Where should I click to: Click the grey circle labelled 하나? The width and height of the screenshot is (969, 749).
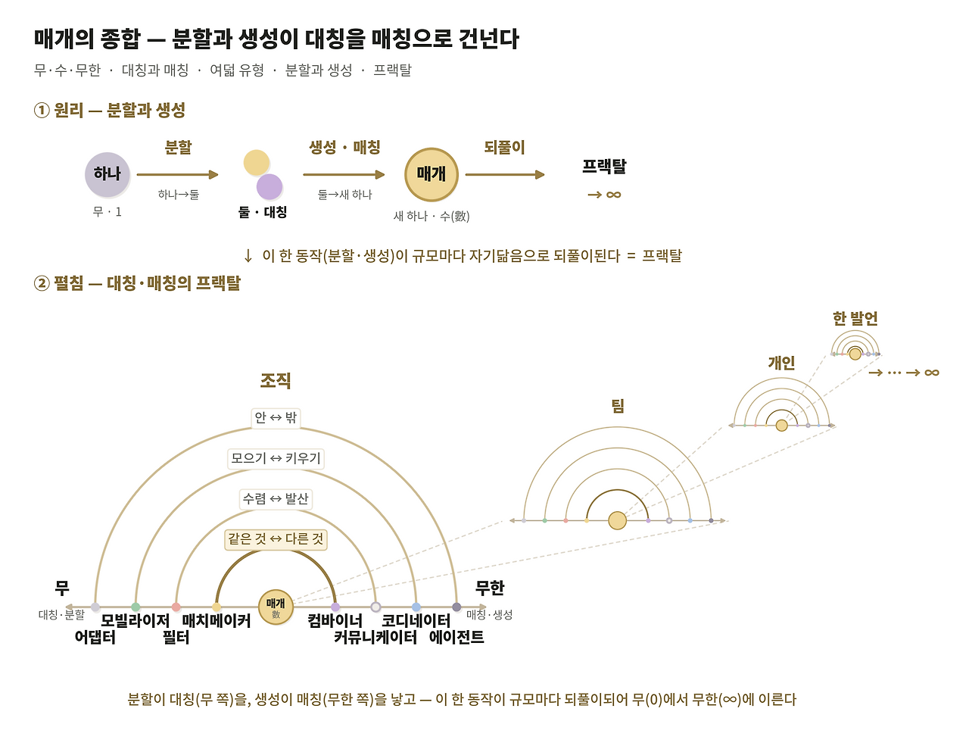(107, 174)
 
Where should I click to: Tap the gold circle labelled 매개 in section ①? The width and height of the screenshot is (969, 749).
(432, 174)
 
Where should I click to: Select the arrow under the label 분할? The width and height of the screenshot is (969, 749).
(177, 174)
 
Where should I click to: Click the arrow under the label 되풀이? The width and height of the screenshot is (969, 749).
(505, 174)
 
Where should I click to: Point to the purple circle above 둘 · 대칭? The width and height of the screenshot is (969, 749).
(270, 186)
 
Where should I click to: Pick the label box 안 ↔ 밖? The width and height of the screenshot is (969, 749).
(276, 417)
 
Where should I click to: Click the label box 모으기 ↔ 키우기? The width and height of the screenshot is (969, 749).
(276, 458)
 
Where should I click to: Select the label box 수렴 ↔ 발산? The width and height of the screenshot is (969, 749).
(276, 499)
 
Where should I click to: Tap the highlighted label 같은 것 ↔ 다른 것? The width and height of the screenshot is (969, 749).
(276, 539)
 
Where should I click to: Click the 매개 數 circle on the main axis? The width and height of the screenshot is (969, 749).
(276, 607)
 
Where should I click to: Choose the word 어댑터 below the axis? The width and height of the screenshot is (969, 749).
(95, 637)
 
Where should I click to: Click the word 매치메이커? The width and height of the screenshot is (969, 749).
(217, 620)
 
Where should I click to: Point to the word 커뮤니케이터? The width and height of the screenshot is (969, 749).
(375, 637)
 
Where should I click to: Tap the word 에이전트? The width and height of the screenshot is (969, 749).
(456, 637)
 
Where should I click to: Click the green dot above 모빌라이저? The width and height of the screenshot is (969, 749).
(136, 607)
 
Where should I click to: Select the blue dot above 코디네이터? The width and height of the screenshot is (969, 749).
(416, 607)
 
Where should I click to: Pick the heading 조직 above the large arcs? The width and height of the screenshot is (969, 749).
(276, 381)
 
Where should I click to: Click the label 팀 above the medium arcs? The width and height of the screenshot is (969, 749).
(617, 406)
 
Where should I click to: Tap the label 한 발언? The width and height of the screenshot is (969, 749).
(855, 319)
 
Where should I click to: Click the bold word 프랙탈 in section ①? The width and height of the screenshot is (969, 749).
(604, 167)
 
